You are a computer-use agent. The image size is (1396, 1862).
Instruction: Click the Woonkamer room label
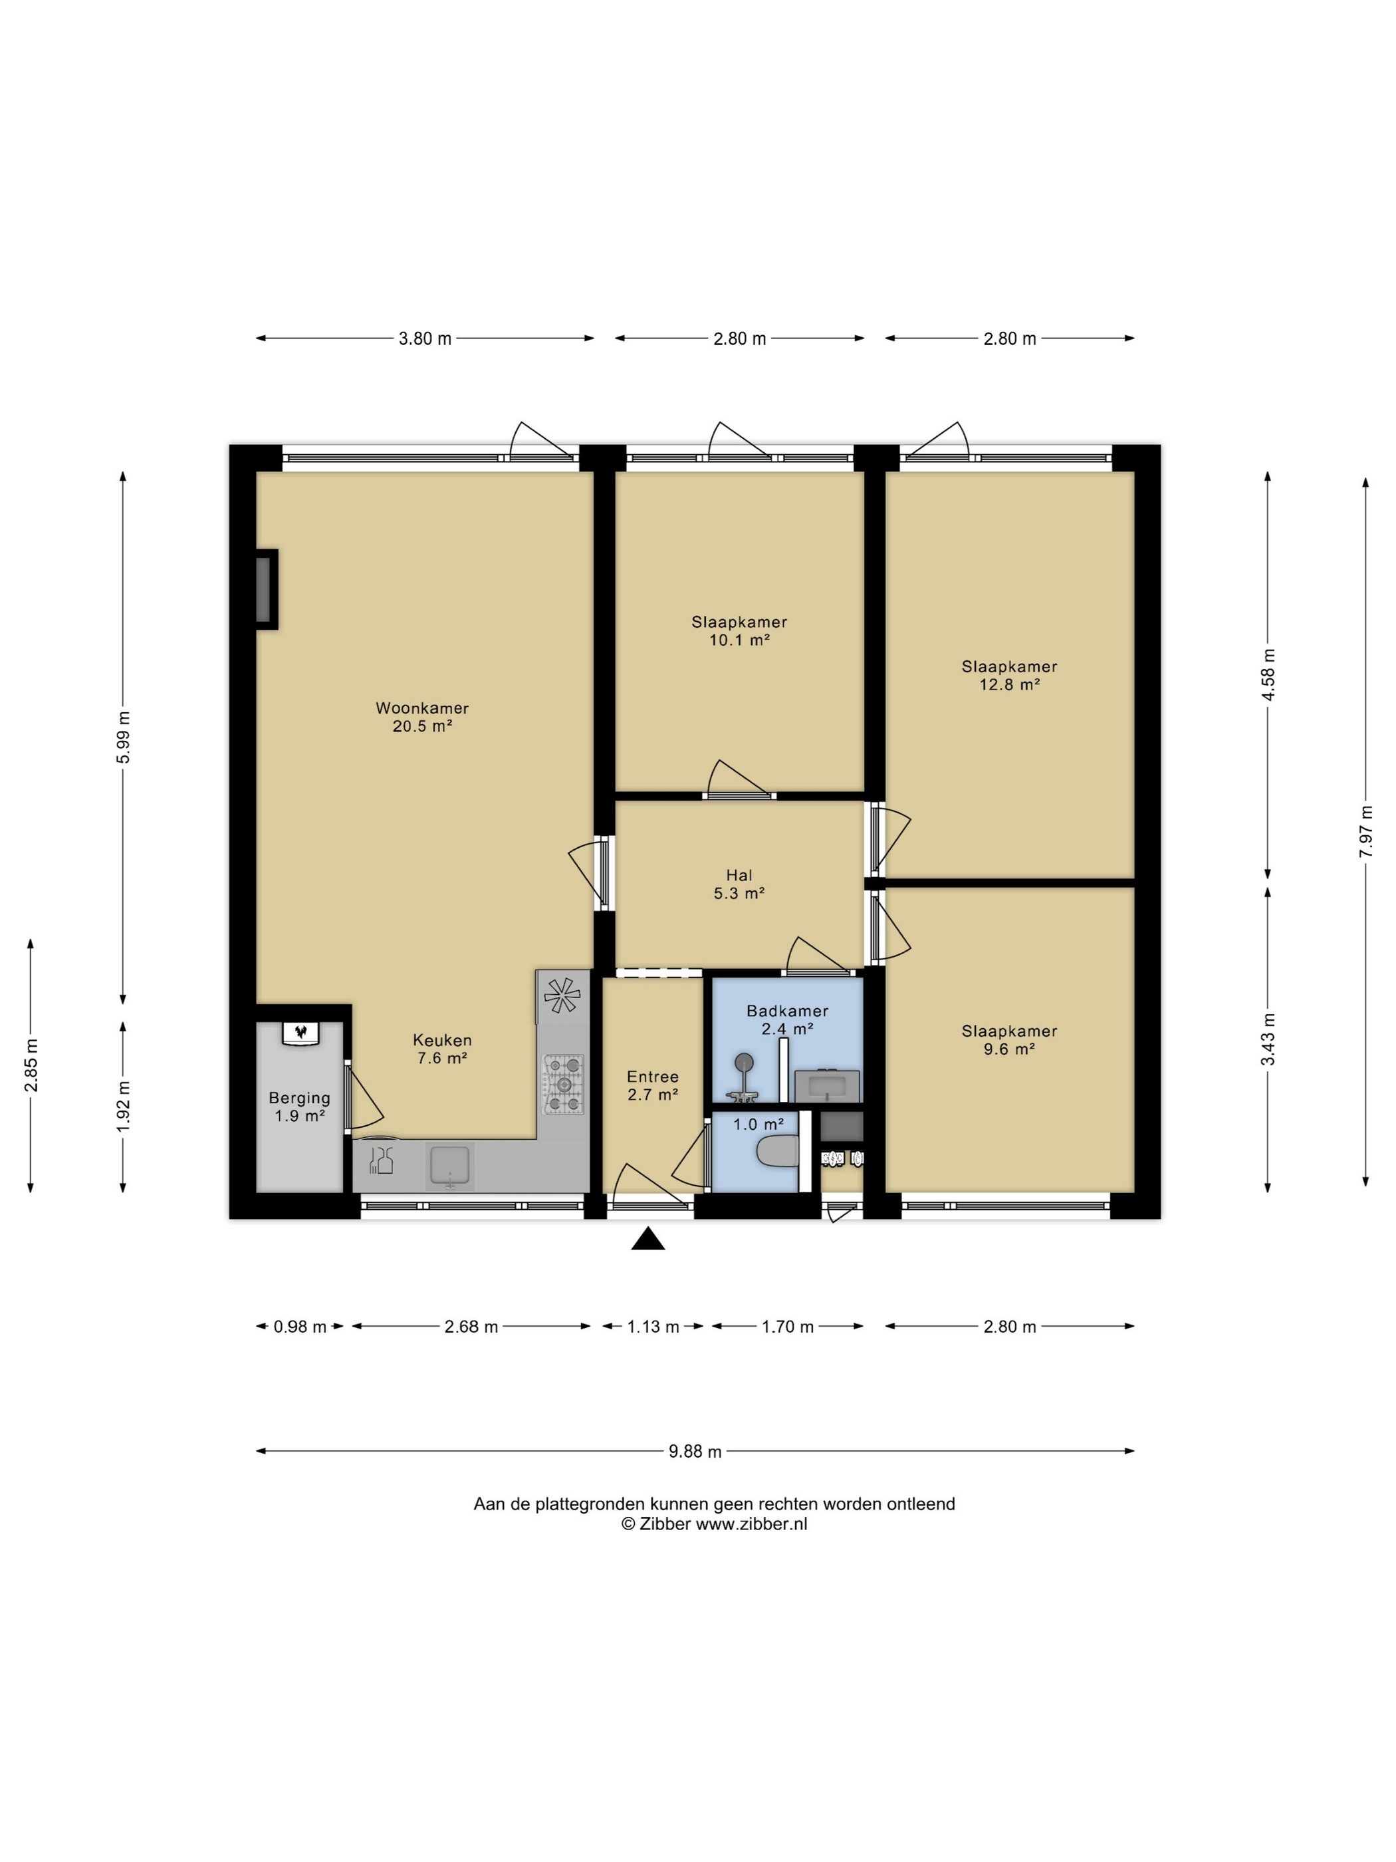pyautogui.click(x=421, y=708)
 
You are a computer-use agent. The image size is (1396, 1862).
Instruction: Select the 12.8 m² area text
pyautogui.click(x=1009, y=684)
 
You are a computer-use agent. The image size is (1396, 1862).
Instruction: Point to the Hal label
pyautogui.click(x=739, y=875)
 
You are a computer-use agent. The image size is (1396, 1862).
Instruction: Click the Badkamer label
pyautogui.click(x=787, y=1011)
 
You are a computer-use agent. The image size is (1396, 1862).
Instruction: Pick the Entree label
pyautogui.click(x=652, y=1077)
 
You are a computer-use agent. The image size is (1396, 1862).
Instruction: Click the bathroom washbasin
pyautogui.click(x=826, y=1086)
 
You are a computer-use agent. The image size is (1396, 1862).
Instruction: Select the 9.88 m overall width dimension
pyautogui.click(x=695, y=1451)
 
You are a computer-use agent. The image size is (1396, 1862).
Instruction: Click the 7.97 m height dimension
pyautogui.click(x=1365, y=832)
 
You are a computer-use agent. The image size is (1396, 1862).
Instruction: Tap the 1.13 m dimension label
pyautogui.click(x=652, y=1327)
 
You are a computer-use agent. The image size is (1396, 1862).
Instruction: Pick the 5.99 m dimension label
pyautogui.click(x=124, y=737)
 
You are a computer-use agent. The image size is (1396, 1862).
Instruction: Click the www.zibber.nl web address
pyautogui.click(x=751, y=1524)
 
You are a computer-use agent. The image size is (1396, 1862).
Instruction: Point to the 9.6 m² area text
pyautogui.click(x=1009, y=1049)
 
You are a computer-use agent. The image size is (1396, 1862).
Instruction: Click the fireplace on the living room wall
pyautogui.click(x=267, y=589)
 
